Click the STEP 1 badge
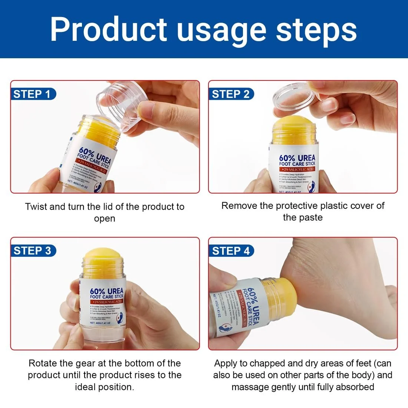32,94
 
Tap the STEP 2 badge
231,94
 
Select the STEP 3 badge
32,251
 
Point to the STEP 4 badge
231,251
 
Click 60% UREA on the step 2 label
297,158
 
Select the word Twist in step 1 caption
36,207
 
